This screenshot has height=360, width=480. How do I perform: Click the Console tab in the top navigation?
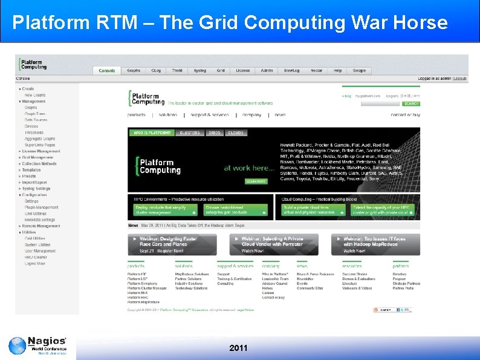click(106, 71)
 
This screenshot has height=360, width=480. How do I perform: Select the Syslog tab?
click(199, 71)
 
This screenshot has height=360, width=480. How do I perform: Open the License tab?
click(242, 71)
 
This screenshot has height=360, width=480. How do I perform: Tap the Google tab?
click(359, 71)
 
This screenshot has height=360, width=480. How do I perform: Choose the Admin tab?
click(267, 71)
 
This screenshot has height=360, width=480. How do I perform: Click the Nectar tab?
click(316, 71)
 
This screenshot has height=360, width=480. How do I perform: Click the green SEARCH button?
click(411, 103)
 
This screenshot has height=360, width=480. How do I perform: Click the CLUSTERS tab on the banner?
click(189, 133)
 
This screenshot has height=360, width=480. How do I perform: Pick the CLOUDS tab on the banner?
click(236, 133)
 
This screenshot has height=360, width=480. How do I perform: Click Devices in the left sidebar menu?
click(31, 126)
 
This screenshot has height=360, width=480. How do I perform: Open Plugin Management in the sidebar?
click(41, 207)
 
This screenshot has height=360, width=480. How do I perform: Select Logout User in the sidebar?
click(35, 263)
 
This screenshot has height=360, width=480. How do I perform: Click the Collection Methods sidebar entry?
click(39, 163)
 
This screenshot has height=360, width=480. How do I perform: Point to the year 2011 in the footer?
click(239, 349)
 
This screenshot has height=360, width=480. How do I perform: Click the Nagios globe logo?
click(18, 346)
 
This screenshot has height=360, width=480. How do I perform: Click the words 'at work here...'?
click(249, 168)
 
